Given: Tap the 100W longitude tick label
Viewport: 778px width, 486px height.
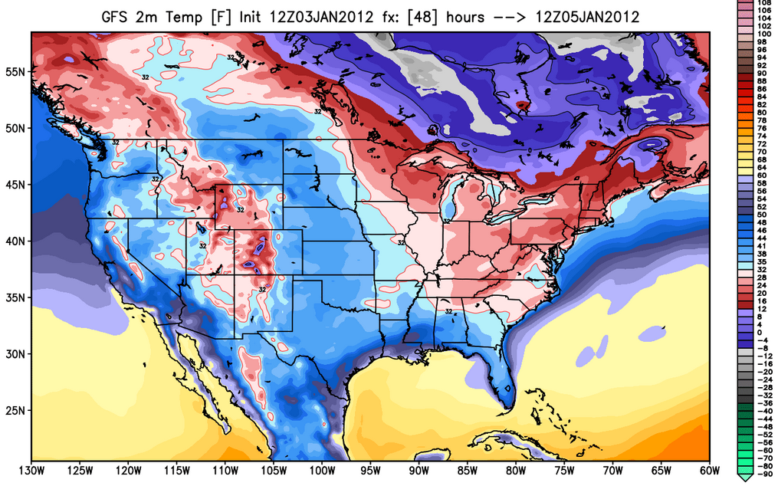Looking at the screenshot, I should [323, 470].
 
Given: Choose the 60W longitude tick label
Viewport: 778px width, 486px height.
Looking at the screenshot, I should [709, 470].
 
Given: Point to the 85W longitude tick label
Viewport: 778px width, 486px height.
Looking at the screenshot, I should [468, 470].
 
